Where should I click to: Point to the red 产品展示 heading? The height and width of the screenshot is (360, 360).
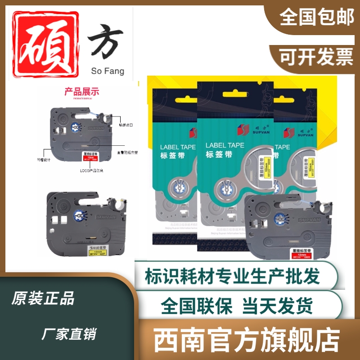tap(81, 92)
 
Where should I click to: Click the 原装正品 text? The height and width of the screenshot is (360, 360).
tap(43, 298)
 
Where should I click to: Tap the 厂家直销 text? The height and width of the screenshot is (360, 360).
tap(68, 334)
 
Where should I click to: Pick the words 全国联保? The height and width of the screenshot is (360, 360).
tap(197, 307)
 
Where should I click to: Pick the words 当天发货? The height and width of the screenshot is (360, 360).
tap(278, 307)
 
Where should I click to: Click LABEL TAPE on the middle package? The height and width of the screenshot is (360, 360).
tap(225, 145)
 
